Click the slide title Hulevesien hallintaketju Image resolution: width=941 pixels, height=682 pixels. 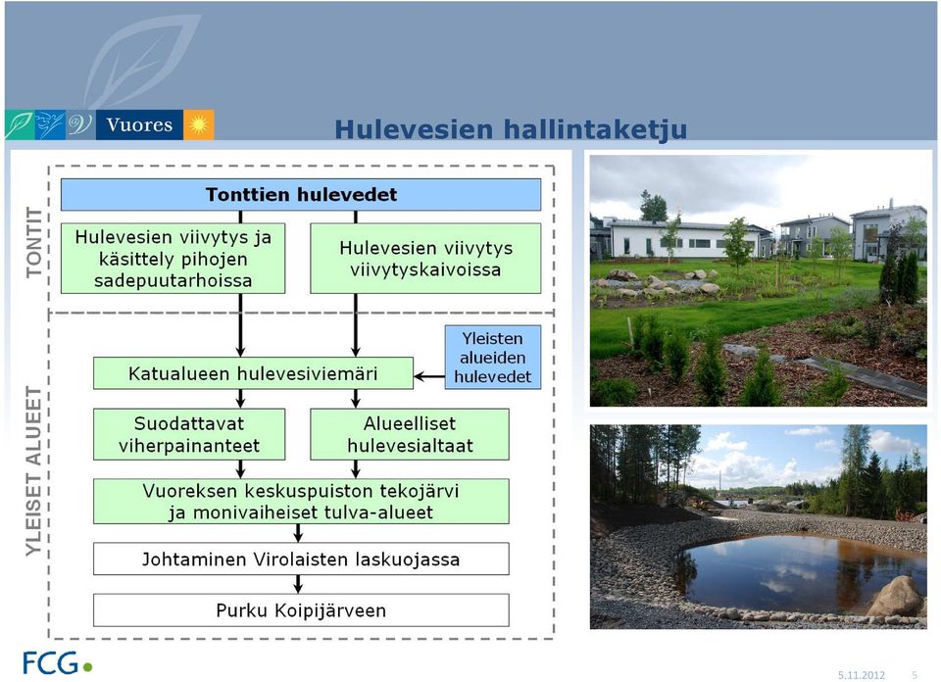coord(511,128)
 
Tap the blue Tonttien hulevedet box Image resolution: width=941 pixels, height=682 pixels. coord(301,194)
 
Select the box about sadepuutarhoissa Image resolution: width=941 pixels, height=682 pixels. coord(173,259)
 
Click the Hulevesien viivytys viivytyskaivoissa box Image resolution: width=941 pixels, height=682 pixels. coord(425,259)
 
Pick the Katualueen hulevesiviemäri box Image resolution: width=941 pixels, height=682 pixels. coord(253,373)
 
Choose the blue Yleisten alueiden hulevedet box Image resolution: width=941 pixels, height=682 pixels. coord(493,358)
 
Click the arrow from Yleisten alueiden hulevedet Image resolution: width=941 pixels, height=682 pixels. coord(429,376)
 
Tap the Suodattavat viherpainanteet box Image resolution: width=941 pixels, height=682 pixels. coord(189,434)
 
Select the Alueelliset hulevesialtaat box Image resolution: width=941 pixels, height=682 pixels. coord(410,434)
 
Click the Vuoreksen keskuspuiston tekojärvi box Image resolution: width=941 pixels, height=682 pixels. coord(301,502)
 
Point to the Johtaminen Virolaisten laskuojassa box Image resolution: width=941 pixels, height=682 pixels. coord(301,560)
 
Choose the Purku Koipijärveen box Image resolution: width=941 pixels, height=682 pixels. coord(301,610)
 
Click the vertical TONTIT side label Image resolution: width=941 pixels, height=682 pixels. coord(35,242)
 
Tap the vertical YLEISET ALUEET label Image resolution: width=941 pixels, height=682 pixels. coord(34,471)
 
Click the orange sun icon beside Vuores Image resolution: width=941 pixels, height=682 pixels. coord(199,124)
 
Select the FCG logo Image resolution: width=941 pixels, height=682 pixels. coord(58,662)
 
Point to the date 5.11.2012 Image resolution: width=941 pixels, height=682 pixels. coord(862,675)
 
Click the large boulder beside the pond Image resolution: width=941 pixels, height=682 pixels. coord(895,596)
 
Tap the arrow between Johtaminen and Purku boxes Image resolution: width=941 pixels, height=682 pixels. coord(298,584)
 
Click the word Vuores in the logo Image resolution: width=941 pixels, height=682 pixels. coord(139,124)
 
